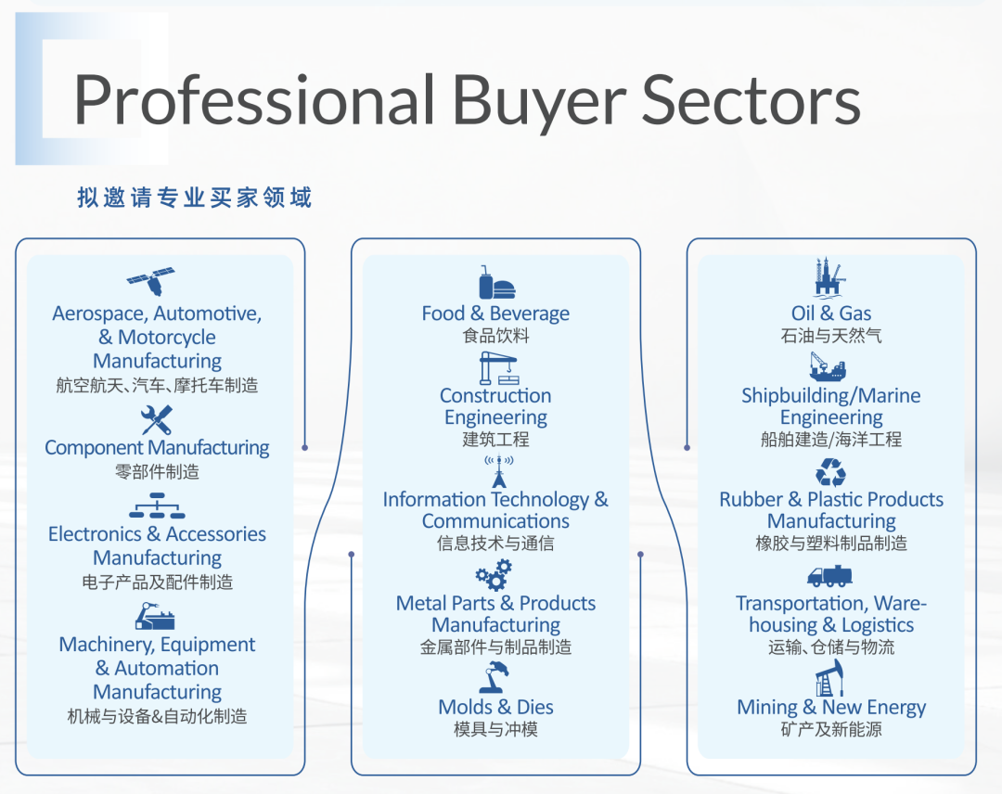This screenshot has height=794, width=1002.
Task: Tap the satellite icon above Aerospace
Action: pos(151,281)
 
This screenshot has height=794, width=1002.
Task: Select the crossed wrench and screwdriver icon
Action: pos(157,419)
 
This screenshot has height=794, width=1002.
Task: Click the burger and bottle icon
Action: pos(496,283)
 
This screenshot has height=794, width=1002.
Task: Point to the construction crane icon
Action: pos(497,368)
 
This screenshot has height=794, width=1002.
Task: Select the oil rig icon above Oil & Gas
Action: pos(830,278)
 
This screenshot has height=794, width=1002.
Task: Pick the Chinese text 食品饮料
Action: pos(495,336)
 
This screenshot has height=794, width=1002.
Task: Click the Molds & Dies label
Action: pos(495,707)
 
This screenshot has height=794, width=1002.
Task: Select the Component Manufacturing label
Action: pos(157,447)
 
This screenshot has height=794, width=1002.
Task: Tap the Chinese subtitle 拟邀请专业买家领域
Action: pos(195,198)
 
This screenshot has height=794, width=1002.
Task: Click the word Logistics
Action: pos(878,625)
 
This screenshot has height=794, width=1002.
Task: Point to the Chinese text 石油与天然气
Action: pos(831,336)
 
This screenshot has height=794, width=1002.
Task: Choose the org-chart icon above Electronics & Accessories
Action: pos(157,506)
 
